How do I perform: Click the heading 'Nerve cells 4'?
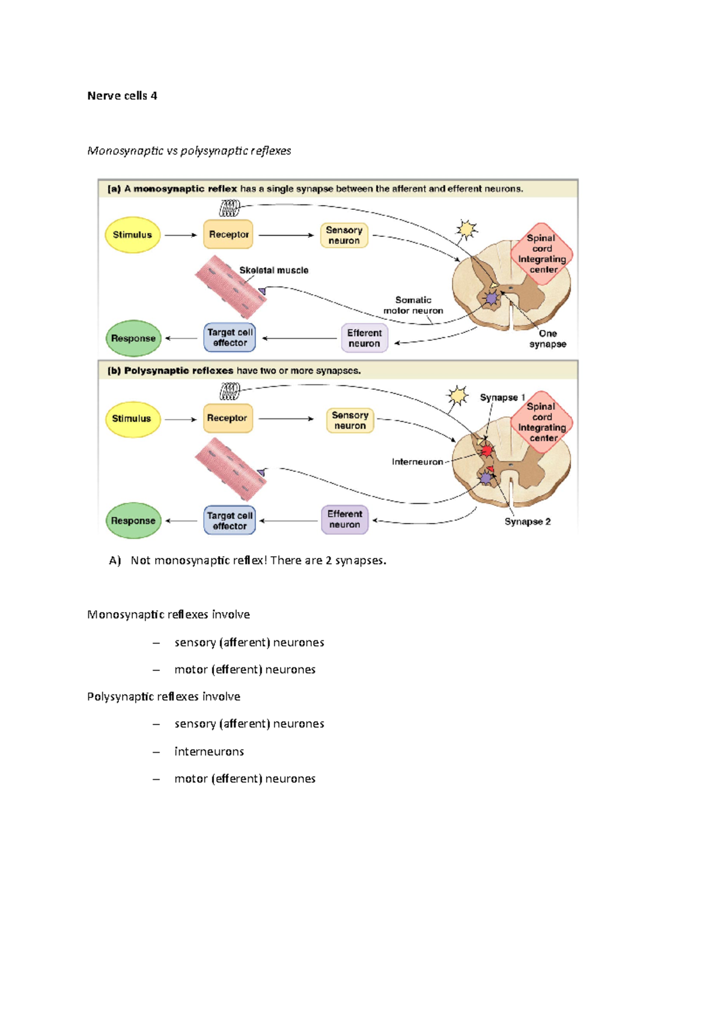click(122, 96)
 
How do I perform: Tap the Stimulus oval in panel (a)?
click(132, 235)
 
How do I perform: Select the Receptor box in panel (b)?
click(227, 418)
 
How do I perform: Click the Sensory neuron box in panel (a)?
click(344, 235)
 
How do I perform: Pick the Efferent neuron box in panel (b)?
click(344, 520)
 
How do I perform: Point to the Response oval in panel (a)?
click(133, 339)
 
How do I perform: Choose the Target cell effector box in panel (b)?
click(230, 521)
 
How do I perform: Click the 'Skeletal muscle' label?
click(273, 271)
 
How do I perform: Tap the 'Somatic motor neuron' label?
click(413, 305)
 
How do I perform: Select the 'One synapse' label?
click(547, 339)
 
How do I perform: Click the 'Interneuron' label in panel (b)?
click(417, 462)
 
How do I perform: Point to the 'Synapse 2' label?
click(527, 522)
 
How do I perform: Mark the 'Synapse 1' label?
click(502, 397)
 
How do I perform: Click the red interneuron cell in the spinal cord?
click(487, 450)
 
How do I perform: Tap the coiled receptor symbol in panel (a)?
click(230, 208)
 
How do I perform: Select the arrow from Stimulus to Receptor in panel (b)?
click(181, 419)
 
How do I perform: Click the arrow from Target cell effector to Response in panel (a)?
click(181, 339)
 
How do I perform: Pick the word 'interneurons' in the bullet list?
click(209, 751)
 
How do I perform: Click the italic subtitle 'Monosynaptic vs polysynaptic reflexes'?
click(189, 150)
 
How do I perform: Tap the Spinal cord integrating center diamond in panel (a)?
click(542, 254)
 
